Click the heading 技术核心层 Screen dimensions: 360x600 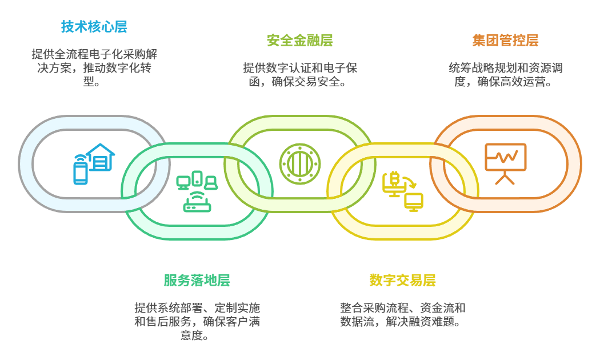[94, 27]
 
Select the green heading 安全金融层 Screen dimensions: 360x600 [299, 41]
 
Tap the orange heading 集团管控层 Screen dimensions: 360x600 [505, 41]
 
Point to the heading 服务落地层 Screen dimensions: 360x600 [197, 281]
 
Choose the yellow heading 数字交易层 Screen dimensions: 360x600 [402, 281]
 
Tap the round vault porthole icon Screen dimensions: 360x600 [299, 164]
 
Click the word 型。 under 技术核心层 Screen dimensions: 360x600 [94, 82]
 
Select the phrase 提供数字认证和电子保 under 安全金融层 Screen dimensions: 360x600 [299, 68]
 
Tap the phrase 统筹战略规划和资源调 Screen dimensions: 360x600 [505, 68]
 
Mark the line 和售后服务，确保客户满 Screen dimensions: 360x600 [197, 322]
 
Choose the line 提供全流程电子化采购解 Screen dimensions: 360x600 [94, 54]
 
